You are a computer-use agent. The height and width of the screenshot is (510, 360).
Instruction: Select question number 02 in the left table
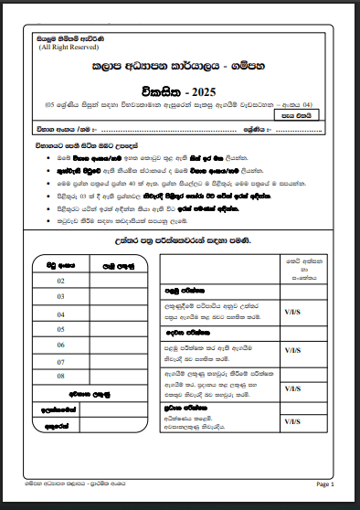point(60,282)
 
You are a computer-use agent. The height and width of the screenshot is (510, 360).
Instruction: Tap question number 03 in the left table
point(60,297)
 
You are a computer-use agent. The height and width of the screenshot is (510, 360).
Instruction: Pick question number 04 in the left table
point(60,313)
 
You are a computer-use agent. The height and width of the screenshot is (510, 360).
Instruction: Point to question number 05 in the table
point(60,328)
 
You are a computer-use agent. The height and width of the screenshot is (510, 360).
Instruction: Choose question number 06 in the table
point(60,345)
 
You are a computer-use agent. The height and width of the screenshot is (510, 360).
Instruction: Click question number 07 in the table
point(60,360)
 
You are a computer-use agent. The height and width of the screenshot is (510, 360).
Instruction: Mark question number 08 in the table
point(60,376)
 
